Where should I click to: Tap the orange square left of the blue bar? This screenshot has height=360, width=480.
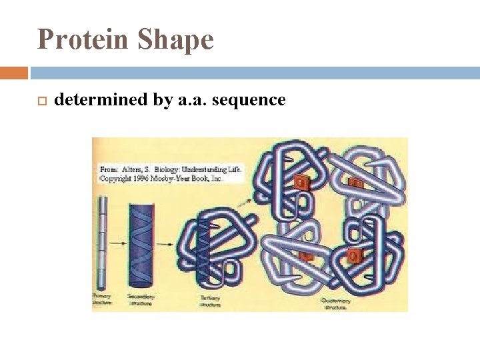[14, 73]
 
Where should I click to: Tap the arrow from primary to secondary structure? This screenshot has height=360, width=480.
[117, 244]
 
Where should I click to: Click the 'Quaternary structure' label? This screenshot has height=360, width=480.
[337, 303]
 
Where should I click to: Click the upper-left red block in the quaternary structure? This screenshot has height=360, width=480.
[301, 181]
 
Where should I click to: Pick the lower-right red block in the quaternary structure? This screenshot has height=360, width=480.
[353, 255]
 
